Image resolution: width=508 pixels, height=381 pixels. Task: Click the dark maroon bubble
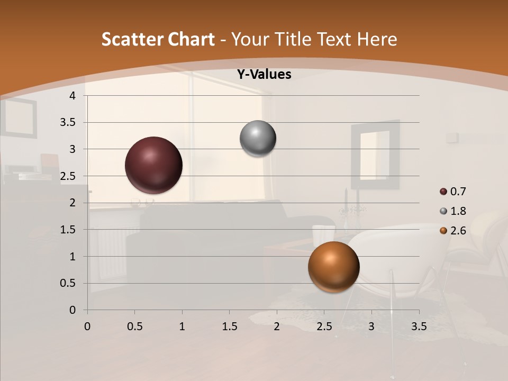(154, 165)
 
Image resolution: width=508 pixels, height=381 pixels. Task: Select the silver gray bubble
(258, 139)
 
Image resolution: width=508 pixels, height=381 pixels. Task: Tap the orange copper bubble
(333, 267)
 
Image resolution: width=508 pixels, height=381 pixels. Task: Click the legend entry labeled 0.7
(453, 192)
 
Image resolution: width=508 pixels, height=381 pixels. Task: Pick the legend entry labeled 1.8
(453, 211)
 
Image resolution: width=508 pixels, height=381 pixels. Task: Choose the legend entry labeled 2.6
(453, 231)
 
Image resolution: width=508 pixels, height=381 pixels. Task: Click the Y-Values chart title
(264, 75)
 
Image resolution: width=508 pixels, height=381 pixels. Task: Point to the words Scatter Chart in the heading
(158, 39)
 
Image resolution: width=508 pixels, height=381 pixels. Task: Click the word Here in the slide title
(377, 39)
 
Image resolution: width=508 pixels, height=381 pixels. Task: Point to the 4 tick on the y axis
(72, 96)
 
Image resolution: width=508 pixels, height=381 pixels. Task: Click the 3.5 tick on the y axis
(68, 123)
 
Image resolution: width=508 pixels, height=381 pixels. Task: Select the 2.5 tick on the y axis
(68, 176)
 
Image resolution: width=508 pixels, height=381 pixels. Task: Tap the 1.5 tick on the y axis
(68, 230)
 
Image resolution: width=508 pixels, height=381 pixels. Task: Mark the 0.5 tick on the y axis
(68, 284)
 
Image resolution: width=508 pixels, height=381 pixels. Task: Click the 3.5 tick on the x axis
(419, 326)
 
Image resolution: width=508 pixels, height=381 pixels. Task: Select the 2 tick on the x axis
(277, 326)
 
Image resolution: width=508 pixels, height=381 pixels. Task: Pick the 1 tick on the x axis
(182, 326)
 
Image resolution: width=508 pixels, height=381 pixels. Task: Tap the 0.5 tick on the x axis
(134, 326)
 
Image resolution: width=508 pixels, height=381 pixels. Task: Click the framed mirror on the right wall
(375, 155)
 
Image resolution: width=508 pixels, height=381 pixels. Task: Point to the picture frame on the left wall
(19, 117)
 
